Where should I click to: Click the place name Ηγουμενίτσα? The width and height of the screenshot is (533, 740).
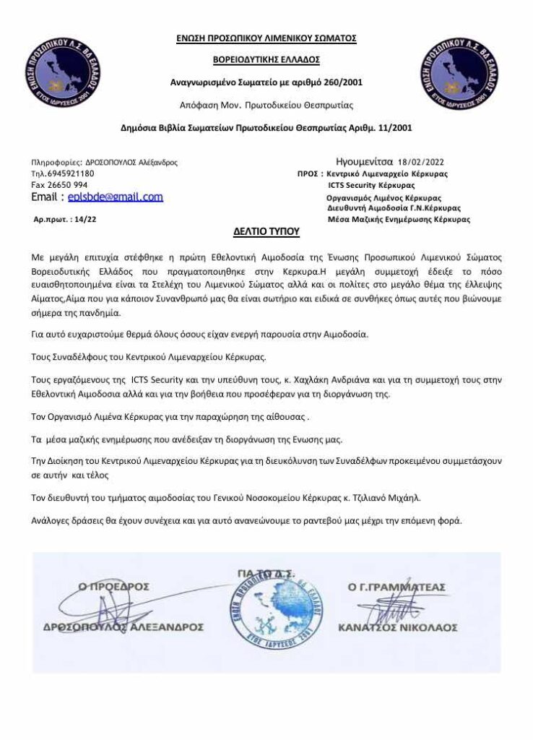[364, 163]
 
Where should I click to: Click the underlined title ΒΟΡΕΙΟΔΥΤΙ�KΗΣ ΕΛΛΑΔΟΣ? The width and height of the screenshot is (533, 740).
[266, 59]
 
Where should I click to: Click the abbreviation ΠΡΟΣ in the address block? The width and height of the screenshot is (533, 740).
[308, 174]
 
